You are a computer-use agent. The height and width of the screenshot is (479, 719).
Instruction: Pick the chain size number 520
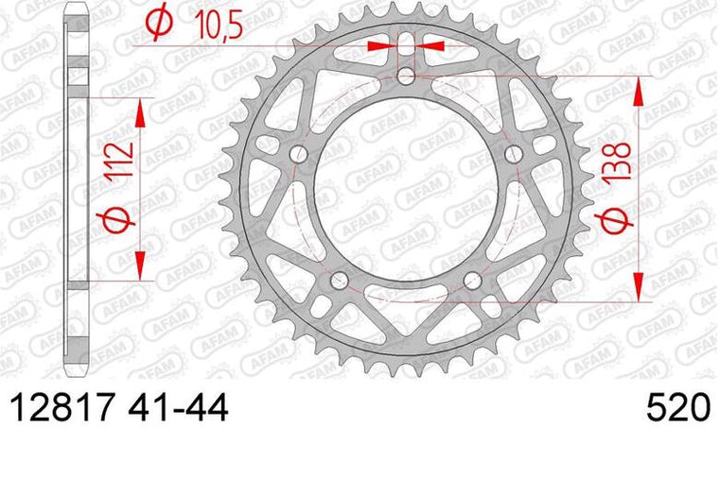(677, 410)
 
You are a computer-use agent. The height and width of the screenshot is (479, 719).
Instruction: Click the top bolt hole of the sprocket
(406, 75)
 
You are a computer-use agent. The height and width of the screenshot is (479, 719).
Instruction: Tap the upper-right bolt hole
(514, 153)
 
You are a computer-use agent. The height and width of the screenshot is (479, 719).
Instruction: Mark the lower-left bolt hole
(339, 279)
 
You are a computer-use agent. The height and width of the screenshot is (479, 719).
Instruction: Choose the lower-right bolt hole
(473, 279)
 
